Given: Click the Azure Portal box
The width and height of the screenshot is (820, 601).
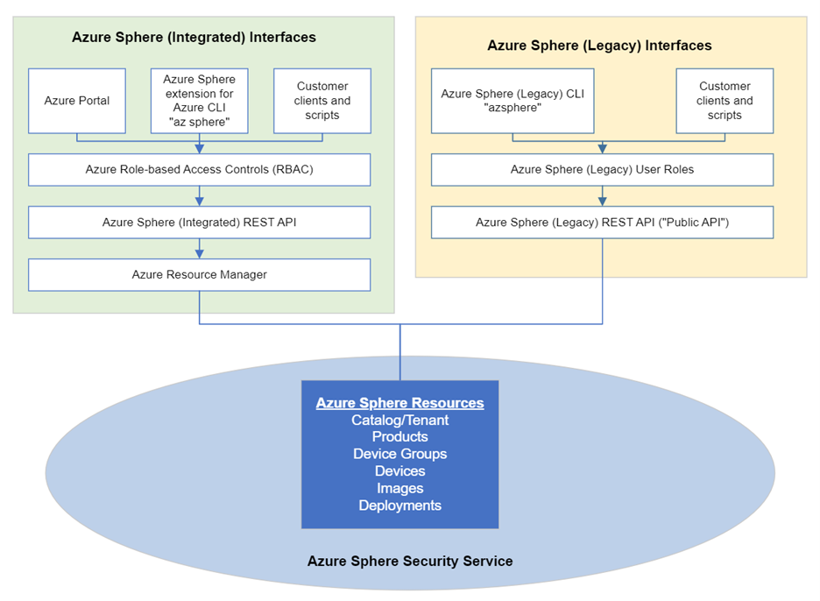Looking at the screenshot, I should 77,101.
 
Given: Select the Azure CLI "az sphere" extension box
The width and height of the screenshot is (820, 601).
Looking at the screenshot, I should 199,101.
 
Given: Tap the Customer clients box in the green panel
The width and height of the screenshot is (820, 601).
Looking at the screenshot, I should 322,101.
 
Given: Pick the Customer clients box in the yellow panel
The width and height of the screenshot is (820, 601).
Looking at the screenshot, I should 725,101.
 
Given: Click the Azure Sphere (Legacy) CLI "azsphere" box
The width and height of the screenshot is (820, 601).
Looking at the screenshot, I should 512,101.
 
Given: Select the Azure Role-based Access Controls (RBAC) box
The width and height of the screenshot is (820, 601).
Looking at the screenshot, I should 199,170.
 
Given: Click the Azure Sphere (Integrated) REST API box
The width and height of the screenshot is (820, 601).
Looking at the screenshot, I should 199,223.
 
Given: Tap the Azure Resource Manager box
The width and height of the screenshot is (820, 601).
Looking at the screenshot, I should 199,274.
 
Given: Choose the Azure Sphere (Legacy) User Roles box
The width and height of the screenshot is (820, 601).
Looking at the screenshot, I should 602,170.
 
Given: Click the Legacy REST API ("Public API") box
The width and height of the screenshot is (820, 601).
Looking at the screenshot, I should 602,223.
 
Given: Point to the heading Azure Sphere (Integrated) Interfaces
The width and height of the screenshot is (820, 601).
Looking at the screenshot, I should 194,38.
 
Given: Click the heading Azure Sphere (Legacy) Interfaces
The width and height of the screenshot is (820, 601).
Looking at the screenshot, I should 599,46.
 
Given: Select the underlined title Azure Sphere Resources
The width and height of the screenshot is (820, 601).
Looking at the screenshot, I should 399,403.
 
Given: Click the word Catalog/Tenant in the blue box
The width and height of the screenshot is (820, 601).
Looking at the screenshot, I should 399,421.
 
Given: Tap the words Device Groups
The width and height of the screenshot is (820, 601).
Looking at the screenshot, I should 399,454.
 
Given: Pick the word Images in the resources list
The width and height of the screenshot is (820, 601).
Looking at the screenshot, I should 399,488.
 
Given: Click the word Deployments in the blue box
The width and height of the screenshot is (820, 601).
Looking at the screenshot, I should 399,506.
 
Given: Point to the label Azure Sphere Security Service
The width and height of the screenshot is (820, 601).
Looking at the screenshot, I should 409,561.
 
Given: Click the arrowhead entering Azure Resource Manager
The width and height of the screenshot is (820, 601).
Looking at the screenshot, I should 200,254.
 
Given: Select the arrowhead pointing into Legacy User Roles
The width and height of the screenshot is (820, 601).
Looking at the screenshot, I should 602,150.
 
